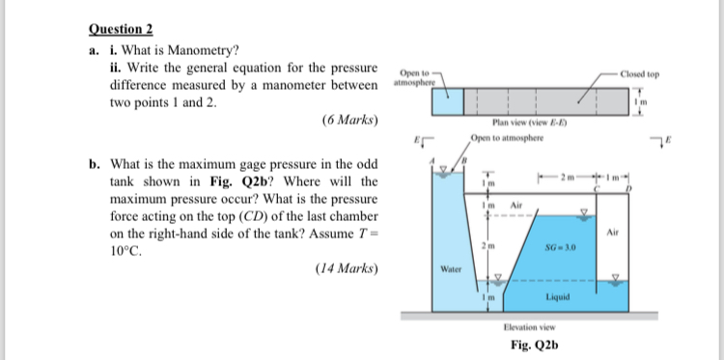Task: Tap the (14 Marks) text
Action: [346, 267]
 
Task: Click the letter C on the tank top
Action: [596, 191]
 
